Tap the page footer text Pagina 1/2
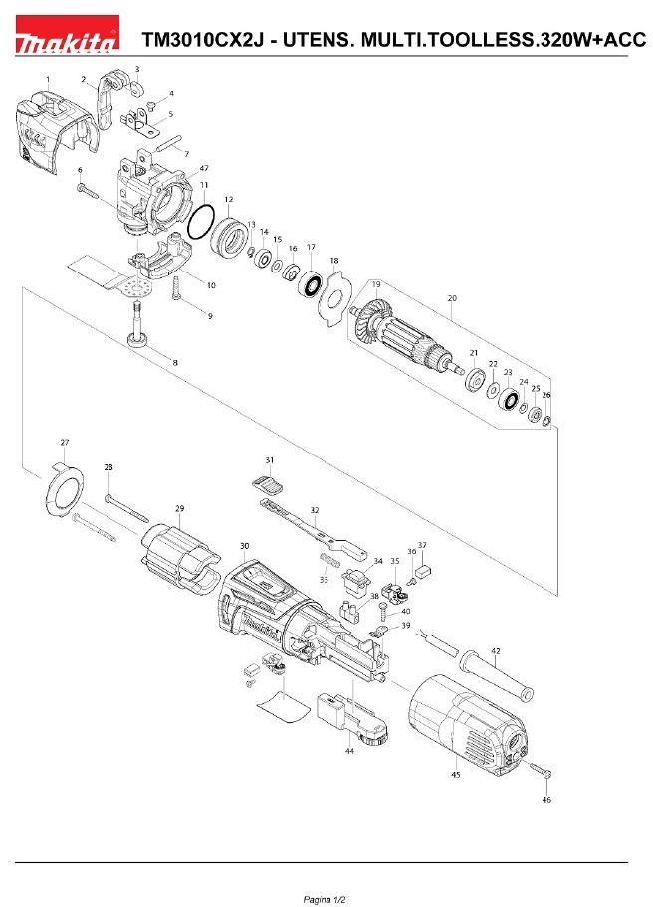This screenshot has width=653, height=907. click(x=326, y=896)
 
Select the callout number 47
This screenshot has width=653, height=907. click(x=203, y=169)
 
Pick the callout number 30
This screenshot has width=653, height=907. click(x=245, y=546)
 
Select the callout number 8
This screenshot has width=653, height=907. click(x=175, y=363)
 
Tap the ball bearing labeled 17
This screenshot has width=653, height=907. click(x=312, y=284)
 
